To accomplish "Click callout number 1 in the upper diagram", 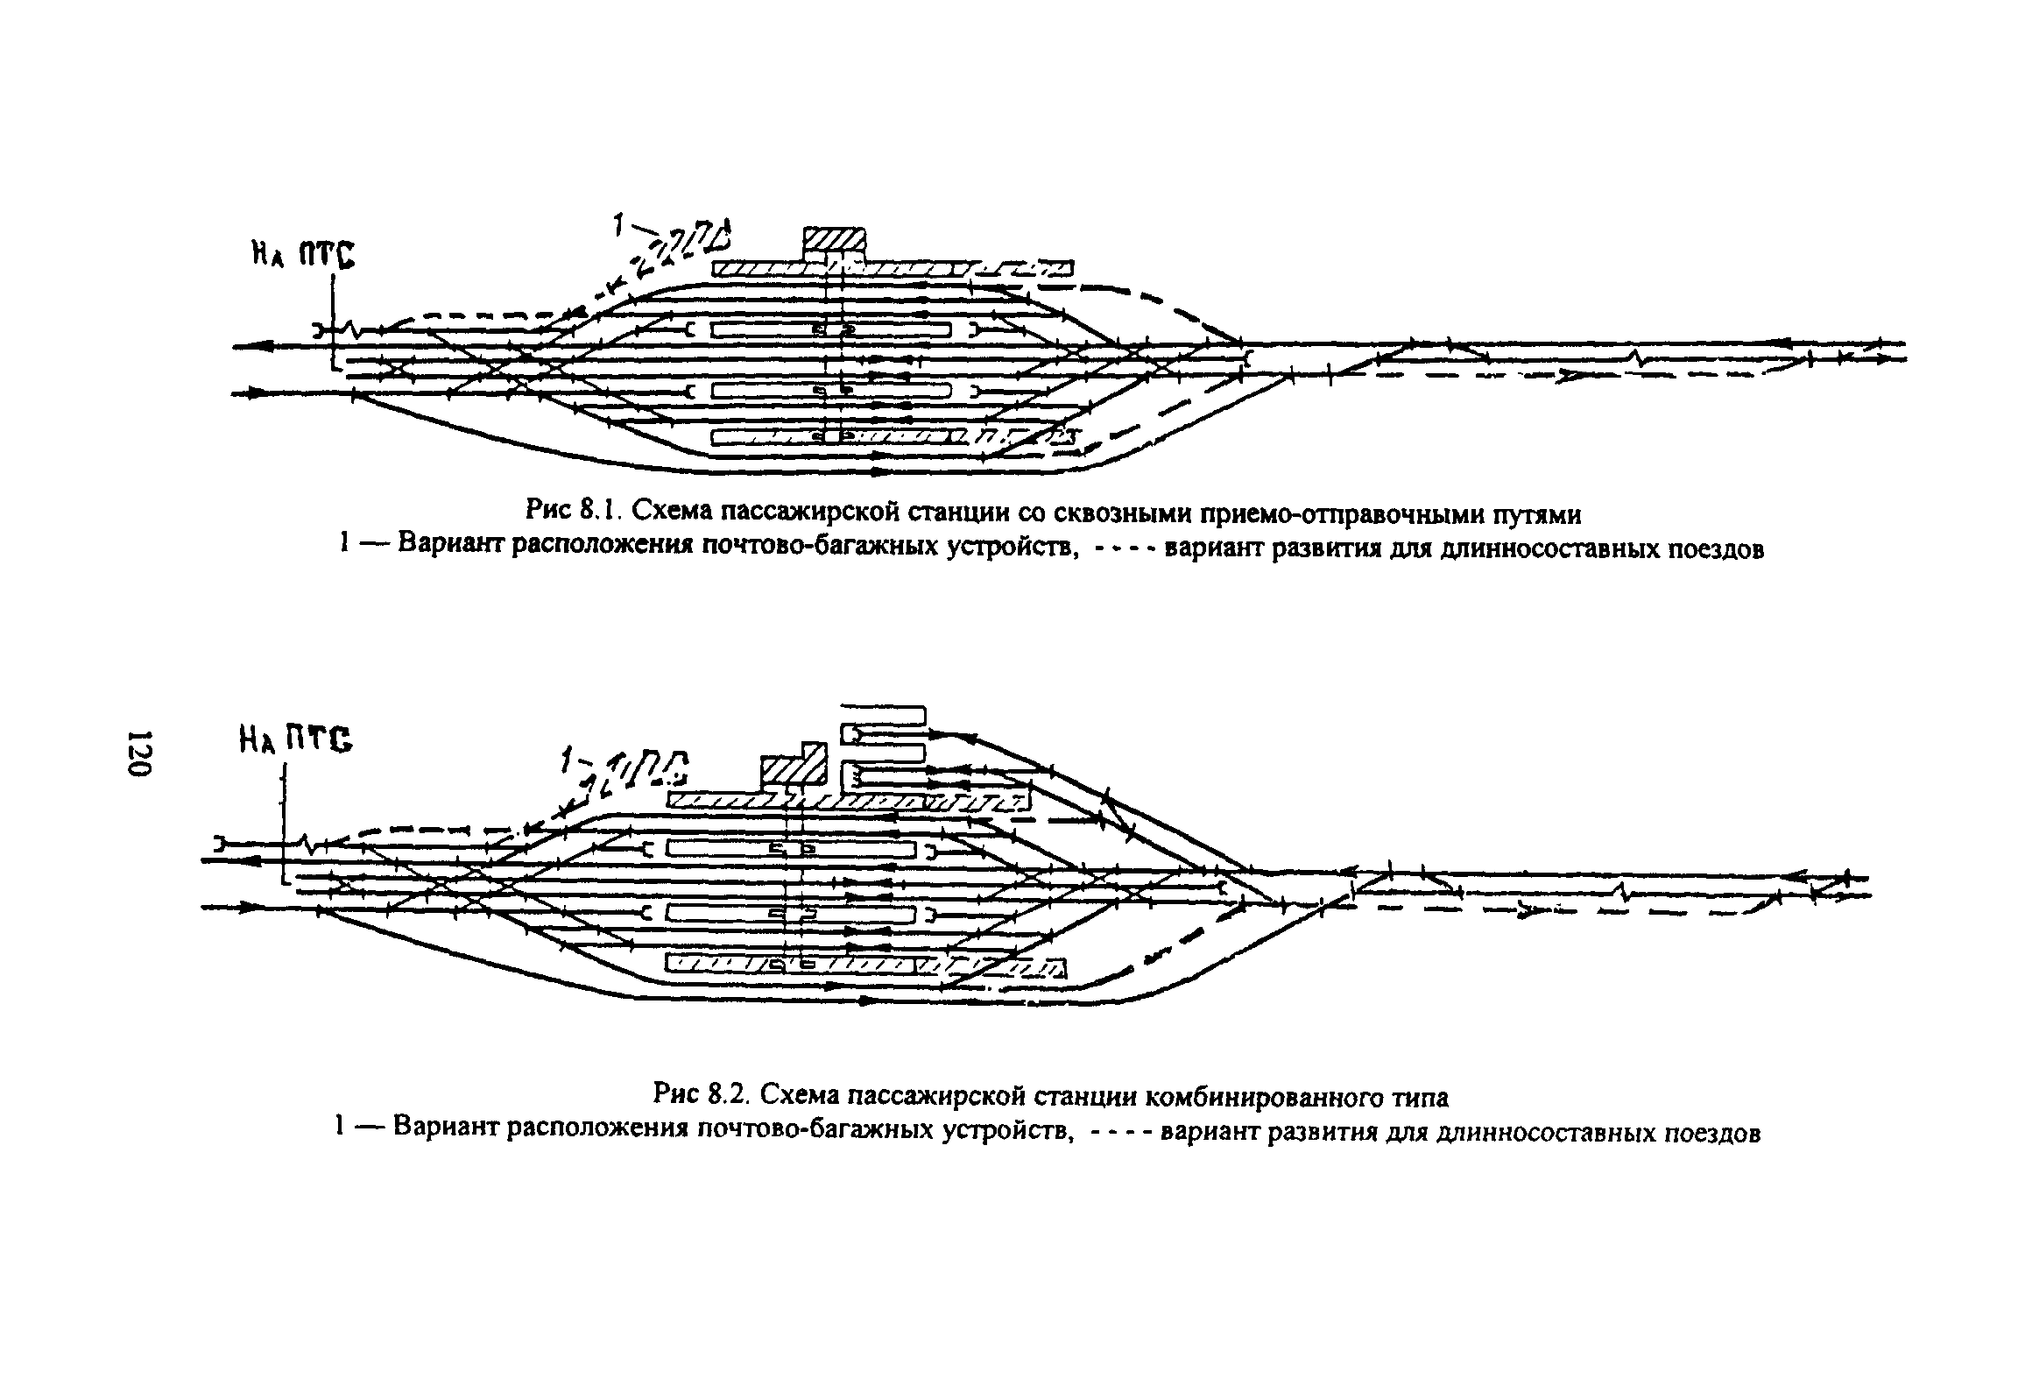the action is (618, 226).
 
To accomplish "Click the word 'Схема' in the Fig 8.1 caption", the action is (664, 509).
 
